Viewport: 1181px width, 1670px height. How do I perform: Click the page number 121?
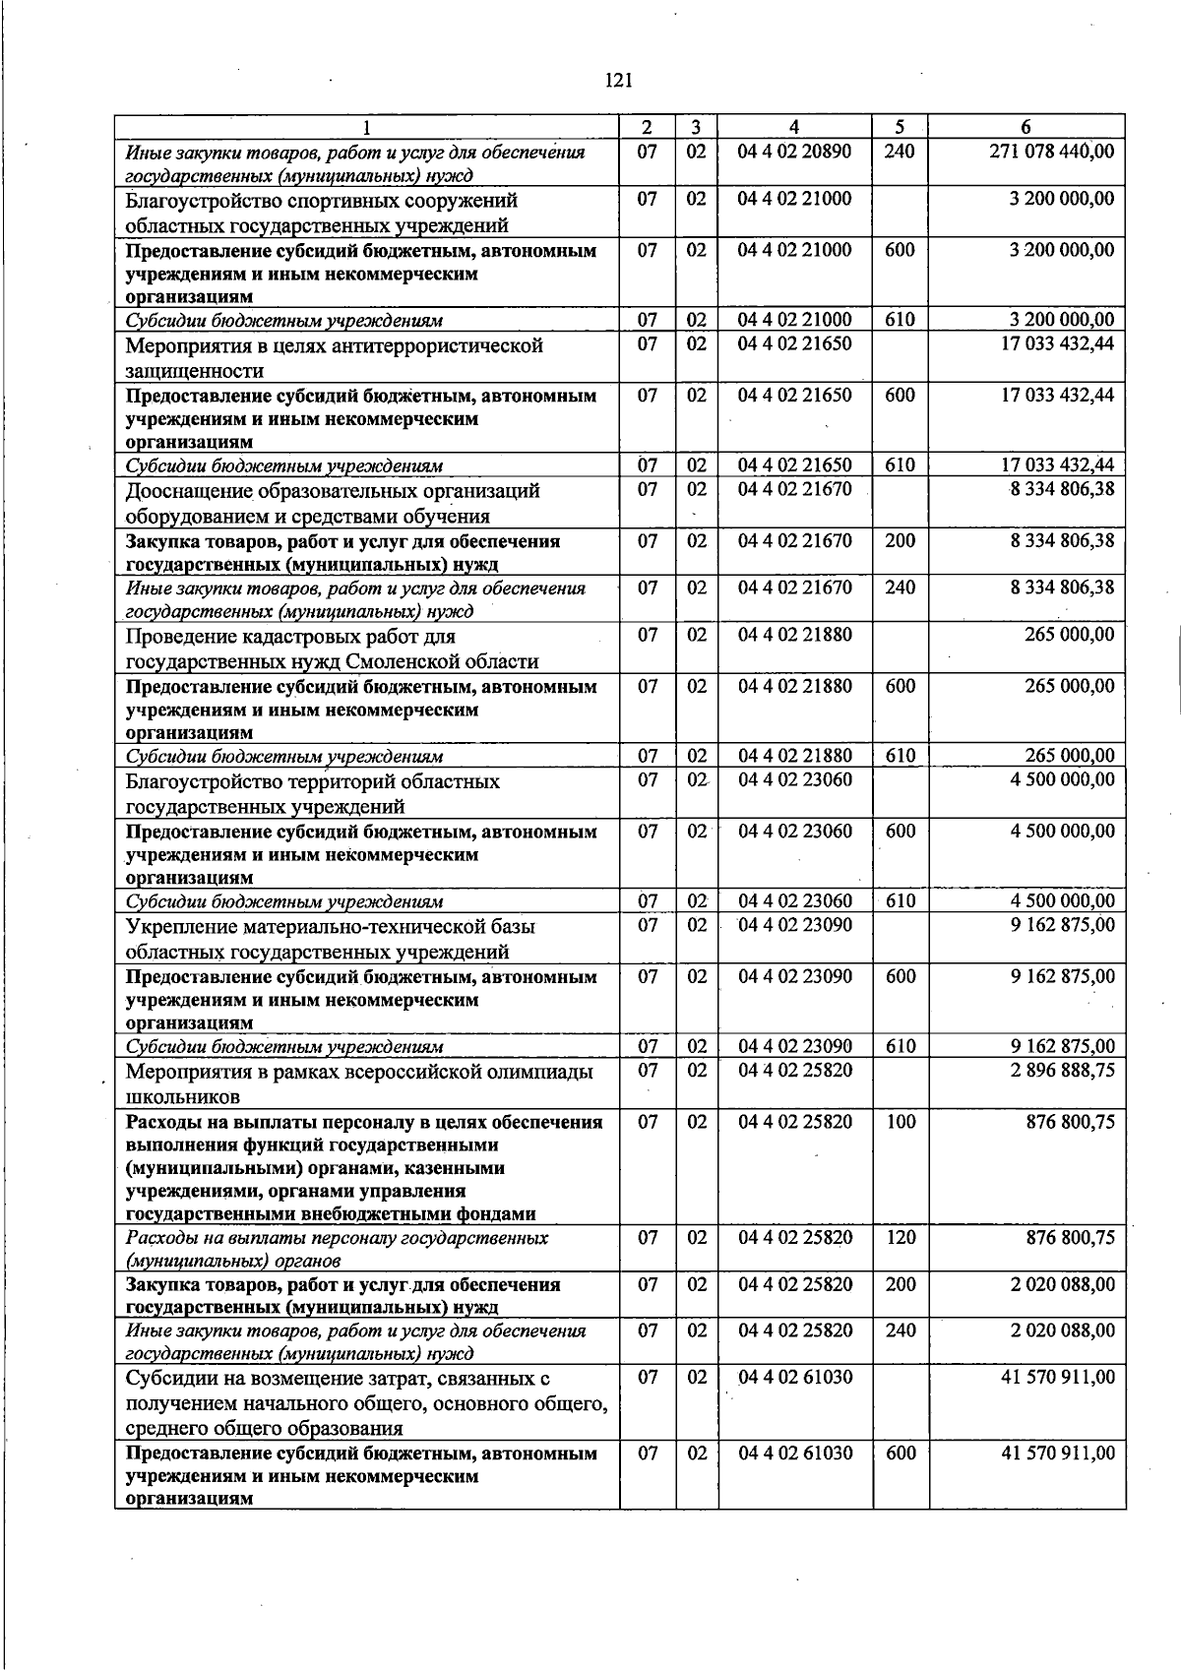click(618, 81)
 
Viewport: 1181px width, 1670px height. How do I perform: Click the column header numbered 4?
click(794, 127)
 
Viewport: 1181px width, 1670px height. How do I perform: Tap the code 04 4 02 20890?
click(794, 152)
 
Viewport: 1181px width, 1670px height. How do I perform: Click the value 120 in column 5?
click(900, 1237)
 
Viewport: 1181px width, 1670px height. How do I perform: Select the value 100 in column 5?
click(900, 1122)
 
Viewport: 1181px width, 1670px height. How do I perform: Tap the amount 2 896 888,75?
click(1062, 1070)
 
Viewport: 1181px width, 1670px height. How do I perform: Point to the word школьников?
click(182, 1096)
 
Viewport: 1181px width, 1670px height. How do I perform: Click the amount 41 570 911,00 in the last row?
click(1058, 1453)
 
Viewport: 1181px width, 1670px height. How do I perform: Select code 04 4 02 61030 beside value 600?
click(794, 1453)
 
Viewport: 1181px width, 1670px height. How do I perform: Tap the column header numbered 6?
click(1026, 127)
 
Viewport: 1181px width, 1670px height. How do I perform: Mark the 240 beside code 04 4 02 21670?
click(900, 588)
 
